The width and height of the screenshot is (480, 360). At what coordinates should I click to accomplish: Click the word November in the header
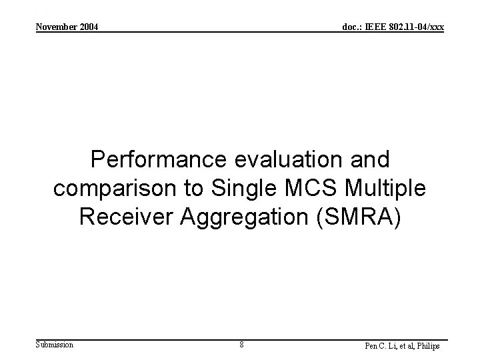tap(57, 27)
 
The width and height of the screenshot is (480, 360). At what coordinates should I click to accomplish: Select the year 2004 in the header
tap(89, 27)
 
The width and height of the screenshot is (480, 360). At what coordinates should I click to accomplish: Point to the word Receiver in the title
tap(121, 217)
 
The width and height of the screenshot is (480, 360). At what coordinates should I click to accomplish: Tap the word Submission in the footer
tap(55, 345)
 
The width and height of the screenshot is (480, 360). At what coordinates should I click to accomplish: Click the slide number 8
tap(241, 345)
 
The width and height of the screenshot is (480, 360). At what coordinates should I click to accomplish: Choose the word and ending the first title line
tap(371, 161)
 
